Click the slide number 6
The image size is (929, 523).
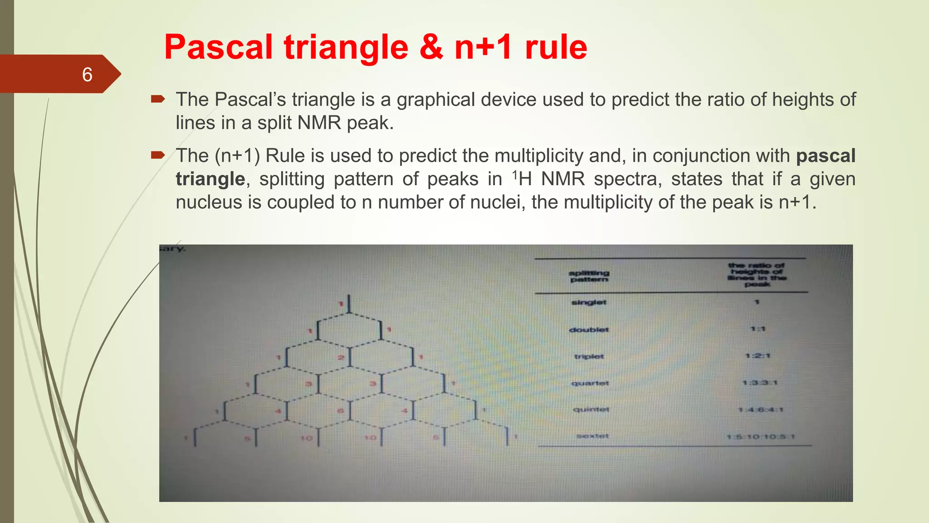(87, 74)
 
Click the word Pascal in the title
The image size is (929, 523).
(218, 47)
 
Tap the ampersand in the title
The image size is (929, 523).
(431, 47)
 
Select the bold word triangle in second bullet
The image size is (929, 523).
(210, 179)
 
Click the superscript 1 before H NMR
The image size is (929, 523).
(514, 174)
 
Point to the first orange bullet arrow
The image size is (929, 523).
(157, 99)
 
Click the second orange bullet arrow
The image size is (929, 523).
(157, 155)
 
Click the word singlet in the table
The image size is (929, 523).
(589, 302)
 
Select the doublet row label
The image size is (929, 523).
(589, 330)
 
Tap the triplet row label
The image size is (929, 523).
(589, 356)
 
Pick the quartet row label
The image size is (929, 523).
(590, 383)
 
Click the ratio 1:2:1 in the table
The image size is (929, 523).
(758, 356)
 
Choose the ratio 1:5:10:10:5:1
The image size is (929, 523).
(761, 437)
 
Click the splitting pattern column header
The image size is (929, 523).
(589, 276)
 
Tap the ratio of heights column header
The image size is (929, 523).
(757, 275)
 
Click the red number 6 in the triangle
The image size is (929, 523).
(340, 411)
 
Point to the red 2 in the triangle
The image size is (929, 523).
(340, 358)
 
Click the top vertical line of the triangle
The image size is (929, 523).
(349, 304)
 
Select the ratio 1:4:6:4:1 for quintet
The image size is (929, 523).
(760, 410)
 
